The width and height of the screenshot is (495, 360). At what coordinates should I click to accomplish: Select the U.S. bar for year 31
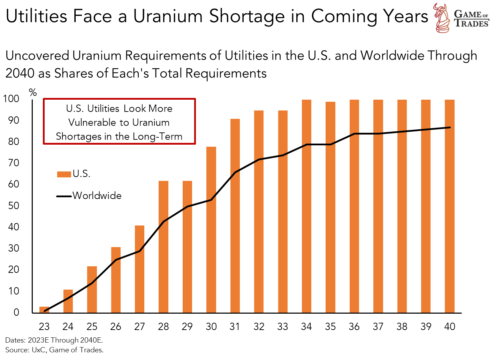tap(235, 216)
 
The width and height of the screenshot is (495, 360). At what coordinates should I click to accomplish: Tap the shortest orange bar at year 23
tap(44, 309)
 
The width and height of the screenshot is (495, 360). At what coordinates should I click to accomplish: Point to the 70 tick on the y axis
tap(14, 163)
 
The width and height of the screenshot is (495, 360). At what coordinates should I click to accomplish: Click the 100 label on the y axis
tap(11, 99)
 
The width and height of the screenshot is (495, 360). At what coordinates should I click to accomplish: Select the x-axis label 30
tap(211, 327)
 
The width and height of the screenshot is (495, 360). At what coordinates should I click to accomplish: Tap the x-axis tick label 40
tap(450, 327)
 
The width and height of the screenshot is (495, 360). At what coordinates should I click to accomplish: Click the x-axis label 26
tap(116, 327)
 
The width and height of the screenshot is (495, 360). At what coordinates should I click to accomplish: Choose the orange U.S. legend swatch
tap(64, 174)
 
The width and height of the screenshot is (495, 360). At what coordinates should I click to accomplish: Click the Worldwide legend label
tap(97, 196)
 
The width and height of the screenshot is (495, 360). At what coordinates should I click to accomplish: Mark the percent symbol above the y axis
tap(33, 92)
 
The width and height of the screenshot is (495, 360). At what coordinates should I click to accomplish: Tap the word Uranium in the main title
tap(168, 16)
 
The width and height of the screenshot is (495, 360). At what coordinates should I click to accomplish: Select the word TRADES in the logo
tap(472, 24)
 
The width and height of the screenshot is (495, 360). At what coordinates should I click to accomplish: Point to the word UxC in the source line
tap(39, 350)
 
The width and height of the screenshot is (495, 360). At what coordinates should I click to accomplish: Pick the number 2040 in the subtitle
tap(20, 74)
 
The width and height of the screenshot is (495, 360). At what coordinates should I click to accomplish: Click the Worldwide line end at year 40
tap(450, 128)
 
